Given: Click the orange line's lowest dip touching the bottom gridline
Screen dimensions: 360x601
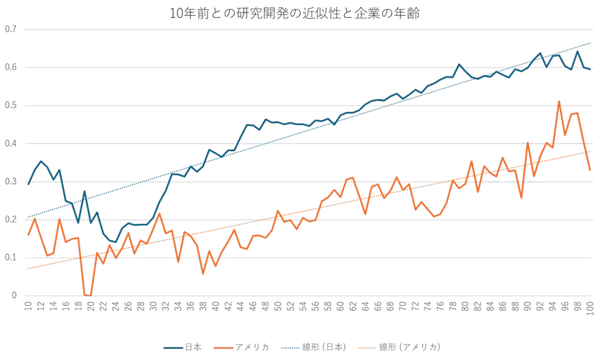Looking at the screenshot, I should (x=87, y=295).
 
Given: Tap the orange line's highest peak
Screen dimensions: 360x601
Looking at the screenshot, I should (x=560, y=101).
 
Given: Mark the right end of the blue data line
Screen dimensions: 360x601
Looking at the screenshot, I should (x=592, y=69).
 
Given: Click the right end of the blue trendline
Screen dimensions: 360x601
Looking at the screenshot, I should (x=592, y=41).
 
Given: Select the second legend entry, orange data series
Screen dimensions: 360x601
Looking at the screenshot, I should (x=243, y=344).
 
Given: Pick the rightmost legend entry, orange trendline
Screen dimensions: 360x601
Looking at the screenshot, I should (x=409, y=344).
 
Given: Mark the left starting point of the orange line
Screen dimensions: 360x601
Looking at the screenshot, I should (x=27, y=235).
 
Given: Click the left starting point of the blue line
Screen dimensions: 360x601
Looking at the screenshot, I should (x=27, y=184).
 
